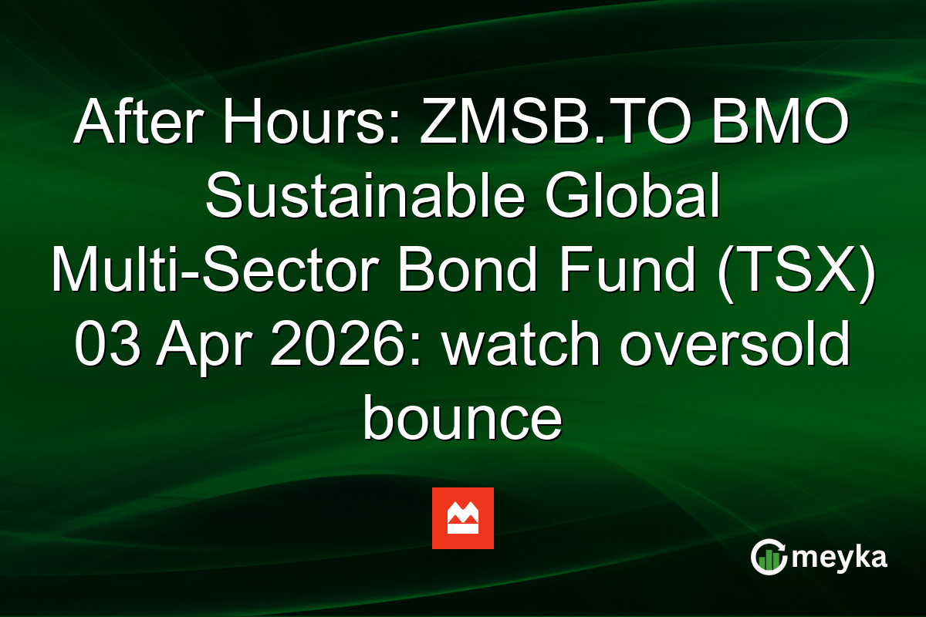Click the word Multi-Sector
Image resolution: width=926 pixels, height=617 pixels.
[x=218, y=270]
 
